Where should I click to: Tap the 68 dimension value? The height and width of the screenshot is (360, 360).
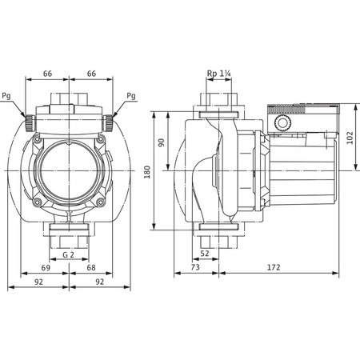click(x=93, y=270)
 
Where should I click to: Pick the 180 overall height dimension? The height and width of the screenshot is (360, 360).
click(x=146, y=171)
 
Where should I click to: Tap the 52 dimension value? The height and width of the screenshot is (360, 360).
click(x=206, y=254)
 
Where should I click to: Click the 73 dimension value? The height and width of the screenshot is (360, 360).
click(x=195, y=270)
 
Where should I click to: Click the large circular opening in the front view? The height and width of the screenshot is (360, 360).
click(x=70, y=169)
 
